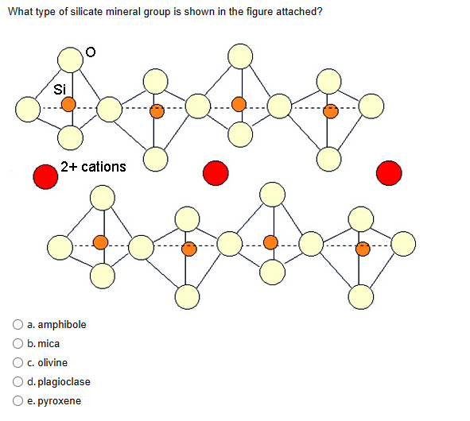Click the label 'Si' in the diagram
59,87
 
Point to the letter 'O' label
91,52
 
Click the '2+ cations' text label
93,166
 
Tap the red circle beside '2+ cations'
45,176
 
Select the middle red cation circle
215,172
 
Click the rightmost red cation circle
389,172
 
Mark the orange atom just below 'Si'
69,104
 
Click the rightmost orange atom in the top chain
328,111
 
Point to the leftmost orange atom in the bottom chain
100,241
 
